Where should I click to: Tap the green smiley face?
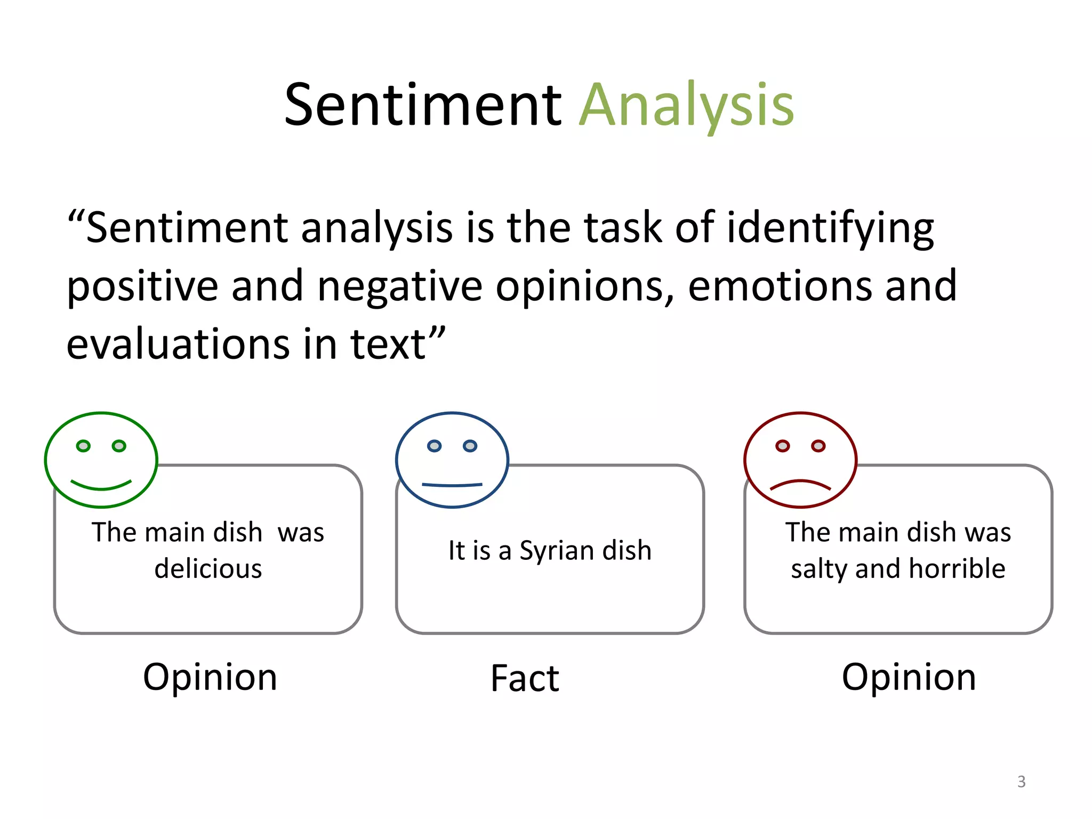point(101,459)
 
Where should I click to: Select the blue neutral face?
point(452,459)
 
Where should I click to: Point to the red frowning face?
point(800,459)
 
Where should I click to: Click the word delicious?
point(208,568)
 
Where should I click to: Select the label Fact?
point(525,678)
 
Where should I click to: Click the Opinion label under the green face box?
point(210,677)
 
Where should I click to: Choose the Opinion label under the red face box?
point(909,677)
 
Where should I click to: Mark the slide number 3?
point(1021,782)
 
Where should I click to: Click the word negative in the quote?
point(400,287)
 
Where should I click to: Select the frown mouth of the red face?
point(800,484)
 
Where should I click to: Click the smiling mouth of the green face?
point(101,486)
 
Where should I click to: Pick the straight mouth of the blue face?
point(452,485)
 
